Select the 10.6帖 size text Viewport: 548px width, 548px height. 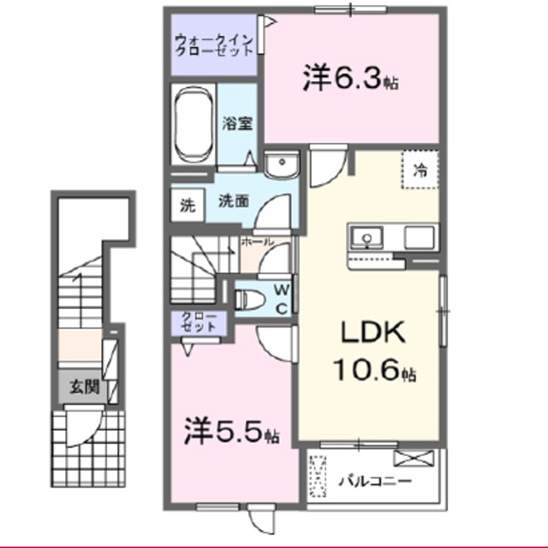click(374, 372)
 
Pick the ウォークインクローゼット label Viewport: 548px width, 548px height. click(212, 43)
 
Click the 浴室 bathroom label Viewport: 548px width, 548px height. click(237, 124)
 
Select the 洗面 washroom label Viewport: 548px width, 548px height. click(234, 203)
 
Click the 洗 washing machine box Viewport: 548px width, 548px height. click(186, 205)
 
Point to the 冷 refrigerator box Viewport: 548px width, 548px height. click(421, 170)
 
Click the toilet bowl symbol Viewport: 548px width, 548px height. click(252, 300)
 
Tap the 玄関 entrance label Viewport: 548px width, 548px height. click(83, 387)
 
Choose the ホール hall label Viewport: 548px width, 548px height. click(257, 243)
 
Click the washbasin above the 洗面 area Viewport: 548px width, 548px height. click(279, 167)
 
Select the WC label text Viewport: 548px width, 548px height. click(281, 299)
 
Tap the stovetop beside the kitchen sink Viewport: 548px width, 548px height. click(420, 235)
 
